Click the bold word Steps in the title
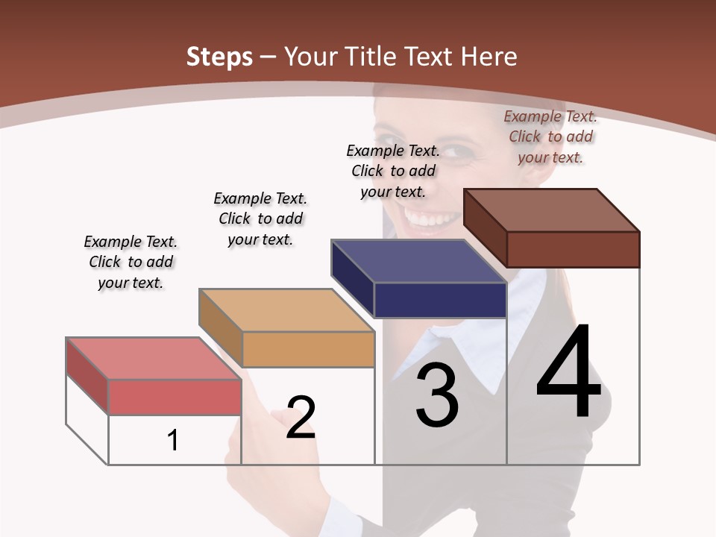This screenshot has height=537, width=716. point(219,57)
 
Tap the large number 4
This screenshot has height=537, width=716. point(568,372)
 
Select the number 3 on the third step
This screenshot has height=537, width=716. point(437,396)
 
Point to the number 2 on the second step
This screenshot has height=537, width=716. point(301,417)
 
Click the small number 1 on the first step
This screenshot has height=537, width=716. point(173,441)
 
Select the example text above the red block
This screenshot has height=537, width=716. point(131,262)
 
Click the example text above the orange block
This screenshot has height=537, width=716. point(260,219)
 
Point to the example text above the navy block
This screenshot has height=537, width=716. point(393,171)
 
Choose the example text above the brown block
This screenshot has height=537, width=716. point(550,136)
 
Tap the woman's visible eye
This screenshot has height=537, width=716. point(462,151)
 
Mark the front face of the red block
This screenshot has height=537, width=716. point(175,397)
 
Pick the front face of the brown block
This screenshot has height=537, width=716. point(573,249)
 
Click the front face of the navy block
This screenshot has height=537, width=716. point(440,300)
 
